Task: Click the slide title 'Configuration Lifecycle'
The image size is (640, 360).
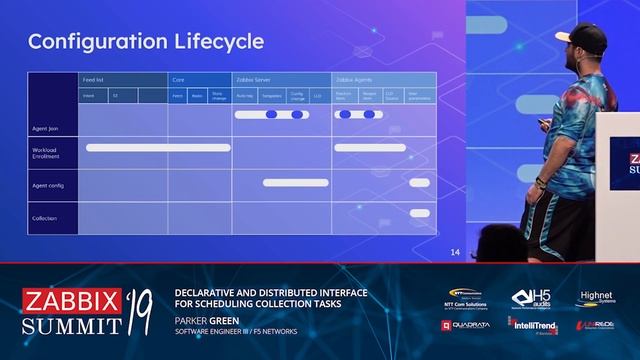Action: pos(146,41)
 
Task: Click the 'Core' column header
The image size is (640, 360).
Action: pos(178,78)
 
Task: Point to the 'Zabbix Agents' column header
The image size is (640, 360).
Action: pos(356,78)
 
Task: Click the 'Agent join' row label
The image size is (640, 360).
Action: pos(45,129)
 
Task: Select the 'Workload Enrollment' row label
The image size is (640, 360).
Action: pos(48,152)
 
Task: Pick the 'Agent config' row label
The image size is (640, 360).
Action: pos(47,186)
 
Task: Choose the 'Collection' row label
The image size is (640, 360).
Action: pos(45,218)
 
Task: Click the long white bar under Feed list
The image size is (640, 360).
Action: pos(159,148)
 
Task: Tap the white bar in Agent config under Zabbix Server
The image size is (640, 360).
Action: pos(295,182)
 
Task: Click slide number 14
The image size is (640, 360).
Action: pos(455,252)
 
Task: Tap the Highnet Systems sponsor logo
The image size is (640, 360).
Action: pos(595,300)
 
